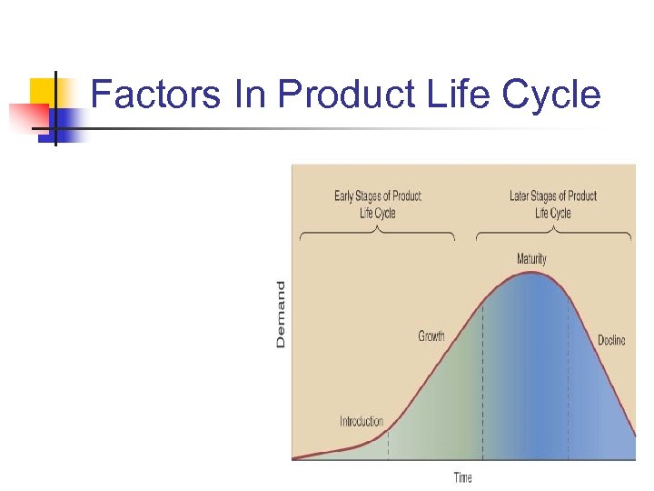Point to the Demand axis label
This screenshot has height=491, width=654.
(281, 314)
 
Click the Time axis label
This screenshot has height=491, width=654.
(463, 477)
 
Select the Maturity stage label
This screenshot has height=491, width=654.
(531, 259)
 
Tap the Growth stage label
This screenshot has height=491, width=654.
(431, 336)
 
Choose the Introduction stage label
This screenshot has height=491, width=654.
(362, 422)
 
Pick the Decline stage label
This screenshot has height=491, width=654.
(611, 341)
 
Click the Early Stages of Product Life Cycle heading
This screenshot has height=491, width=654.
(377, 205)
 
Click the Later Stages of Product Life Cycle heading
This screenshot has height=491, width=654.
(553, 205)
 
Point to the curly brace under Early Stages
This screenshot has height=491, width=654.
(377, 234)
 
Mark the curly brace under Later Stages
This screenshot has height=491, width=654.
(553, 234)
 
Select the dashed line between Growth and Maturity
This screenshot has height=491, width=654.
(482, 382)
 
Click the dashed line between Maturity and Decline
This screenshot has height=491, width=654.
(569, 382)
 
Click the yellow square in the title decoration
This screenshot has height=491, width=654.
(42, 91)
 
